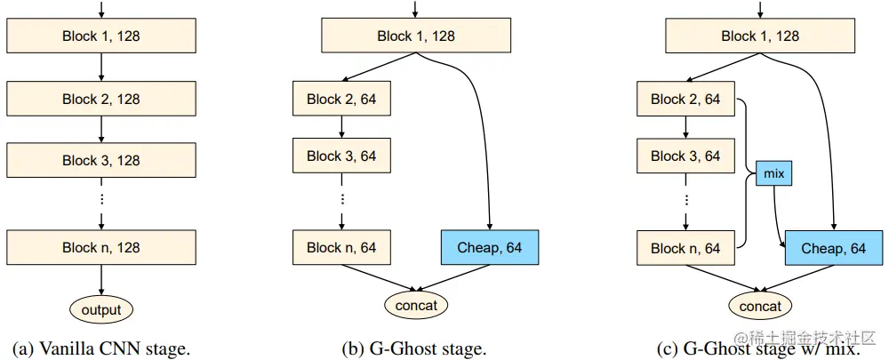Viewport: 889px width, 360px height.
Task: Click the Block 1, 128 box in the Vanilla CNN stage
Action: tap(100, 37)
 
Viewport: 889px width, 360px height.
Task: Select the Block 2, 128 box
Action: tap(100, 100)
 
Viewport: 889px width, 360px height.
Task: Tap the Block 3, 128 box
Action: tap(100, 160)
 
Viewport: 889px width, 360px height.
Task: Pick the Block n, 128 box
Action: tap(100, 247)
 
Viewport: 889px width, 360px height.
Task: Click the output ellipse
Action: tap(100, 309)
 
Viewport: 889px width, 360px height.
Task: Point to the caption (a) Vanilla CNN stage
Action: tap(100, 348)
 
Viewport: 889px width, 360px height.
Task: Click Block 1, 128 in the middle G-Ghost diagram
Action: tap(416, 36)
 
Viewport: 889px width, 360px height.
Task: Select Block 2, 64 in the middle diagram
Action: tap(341, 99)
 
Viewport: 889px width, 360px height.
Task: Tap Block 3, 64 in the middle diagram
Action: tap(341, 156)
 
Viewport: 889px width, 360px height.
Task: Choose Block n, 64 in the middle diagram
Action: tap(341, 247)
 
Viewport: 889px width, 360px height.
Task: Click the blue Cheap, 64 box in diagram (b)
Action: tap(489, 247)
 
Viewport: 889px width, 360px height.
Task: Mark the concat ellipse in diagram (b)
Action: tap(416, 306)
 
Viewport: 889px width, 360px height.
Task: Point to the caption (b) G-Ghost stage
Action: tap(414, 348)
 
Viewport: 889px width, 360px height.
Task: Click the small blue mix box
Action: tap(773, 173)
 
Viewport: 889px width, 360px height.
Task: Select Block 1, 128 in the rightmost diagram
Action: tap(760, 36)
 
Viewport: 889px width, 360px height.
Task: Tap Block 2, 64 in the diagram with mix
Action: tap(685, 99)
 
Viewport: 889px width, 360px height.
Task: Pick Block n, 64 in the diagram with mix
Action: tap(685, 248)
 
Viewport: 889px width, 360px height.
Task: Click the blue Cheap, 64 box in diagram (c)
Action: tap(833, 248)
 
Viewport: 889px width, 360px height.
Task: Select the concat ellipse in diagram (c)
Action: tap(760, 306)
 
